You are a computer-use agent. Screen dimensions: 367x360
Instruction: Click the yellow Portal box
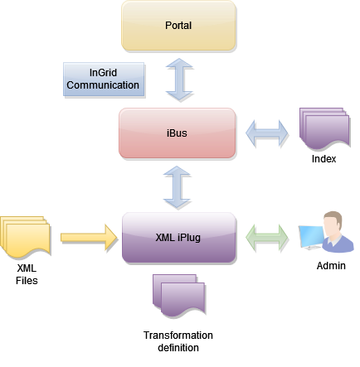(178, 27)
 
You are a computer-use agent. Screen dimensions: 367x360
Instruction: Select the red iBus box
(178, 133)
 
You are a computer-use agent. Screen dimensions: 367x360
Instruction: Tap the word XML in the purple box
(166, 238)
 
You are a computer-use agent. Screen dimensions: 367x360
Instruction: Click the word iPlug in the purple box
(191, 238)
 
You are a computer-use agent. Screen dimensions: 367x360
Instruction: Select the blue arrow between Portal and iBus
(178, 80)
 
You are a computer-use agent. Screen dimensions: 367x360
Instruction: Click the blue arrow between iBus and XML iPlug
(178, 186)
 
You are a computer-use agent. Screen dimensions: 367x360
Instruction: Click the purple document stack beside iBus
(326, 129)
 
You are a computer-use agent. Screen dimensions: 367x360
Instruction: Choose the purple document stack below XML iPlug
(178, 294)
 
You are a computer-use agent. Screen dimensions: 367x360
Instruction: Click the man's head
(331, 223)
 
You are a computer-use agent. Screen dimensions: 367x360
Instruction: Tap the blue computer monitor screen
(310, 237)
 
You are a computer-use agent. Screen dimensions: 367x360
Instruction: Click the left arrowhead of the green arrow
(251, 238)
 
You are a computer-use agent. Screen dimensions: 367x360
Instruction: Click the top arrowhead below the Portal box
(178, 63)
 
